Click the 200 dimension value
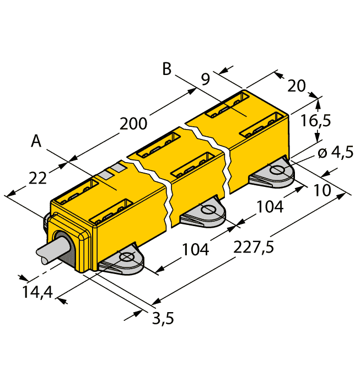tap(133, 124)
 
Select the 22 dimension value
tap(38, 178)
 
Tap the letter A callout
tap(36, 142)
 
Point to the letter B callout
tap(167, 69)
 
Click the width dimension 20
tap(297, 86)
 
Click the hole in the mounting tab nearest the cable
tap(126, 257)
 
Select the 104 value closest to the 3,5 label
tap(196, 249)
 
